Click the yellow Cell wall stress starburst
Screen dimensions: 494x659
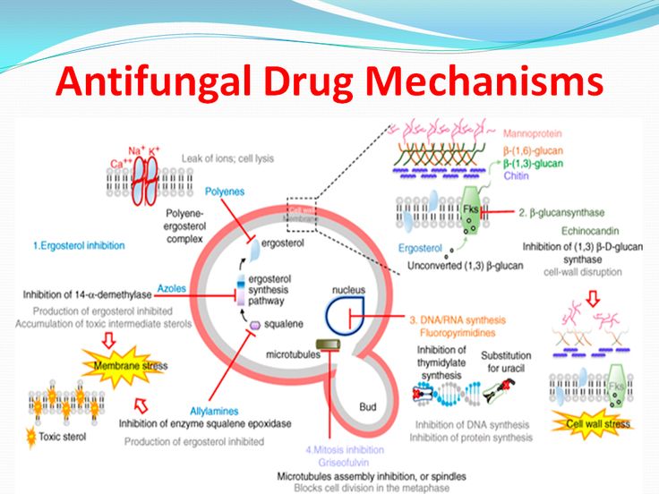(x=597, y=423)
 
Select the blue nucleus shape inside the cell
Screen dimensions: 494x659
(x=345, y=316)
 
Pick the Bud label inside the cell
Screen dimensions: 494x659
(x=367, y=406)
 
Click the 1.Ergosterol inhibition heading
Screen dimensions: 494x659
(x=79, y=244)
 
